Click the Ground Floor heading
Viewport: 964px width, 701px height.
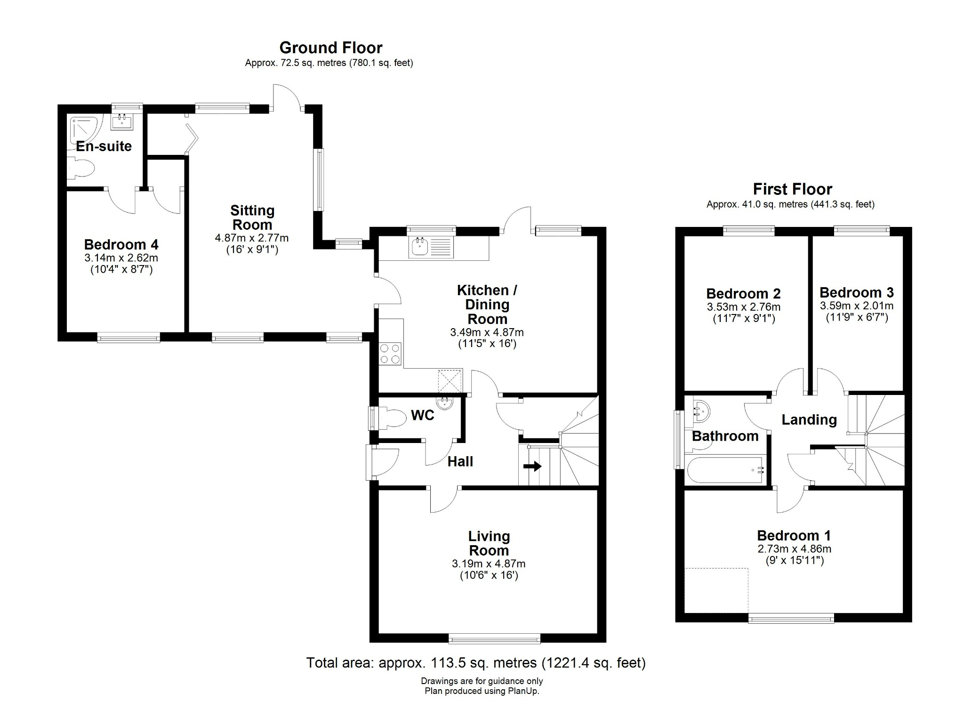click(x=330, y=48)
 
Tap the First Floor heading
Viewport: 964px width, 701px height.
click(x=792, y=189)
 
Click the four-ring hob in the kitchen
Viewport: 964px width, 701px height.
click(x=390, y=354)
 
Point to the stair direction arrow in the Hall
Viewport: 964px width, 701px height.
click(x=532, y=466)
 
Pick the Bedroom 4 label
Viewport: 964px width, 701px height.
click(x=121, y=245)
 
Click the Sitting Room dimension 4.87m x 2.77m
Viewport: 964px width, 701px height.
click(x=251, y=238)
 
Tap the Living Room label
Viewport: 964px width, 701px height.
click(x=489, y=543)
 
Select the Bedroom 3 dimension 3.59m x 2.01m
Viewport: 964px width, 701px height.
click(x=856, y=306)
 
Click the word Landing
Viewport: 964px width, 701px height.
click(x=809, y=419)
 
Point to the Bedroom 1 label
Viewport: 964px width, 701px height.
click(x=794, y=536)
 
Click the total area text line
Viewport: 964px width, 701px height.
click(x=476, y=663)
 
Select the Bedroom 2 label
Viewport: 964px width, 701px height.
click(x=743, y=294)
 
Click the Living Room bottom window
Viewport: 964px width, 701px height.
click(x=494, y=638)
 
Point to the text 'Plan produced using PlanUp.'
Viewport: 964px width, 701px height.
click(x=482, y=691)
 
